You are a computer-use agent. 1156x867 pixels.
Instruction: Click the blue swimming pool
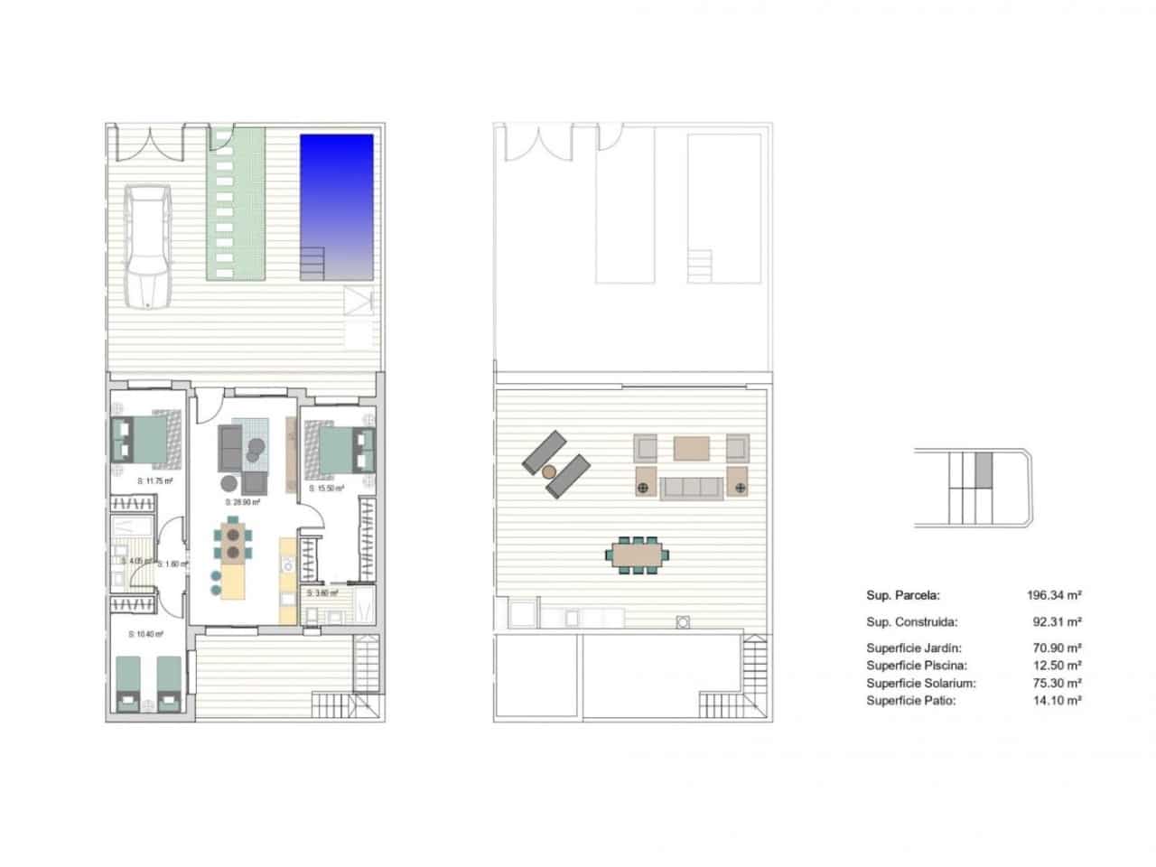(x=336, y=194)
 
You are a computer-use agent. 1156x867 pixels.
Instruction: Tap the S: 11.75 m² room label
(x=154, y=481)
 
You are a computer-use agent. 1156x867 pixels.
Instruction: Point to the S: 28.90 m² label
(x=242, y=502)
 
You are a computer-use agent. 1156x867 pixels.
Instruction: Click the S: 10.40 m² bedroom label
(x=146, y=635)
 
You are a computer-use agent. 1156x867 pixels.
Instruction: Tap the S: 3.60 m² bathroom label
(x=322, y=593)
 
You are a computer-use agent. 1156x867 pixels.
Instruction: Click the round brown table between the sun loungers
(x=549, y=471)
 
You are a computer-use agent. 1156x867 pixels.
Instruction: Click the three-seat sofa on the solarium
(x=692, y=489)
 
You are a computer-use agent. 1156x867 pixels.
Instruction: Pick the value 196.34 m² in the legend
(x=1054, y=596)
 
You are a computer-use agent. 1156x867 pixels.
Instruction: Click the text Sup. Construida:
(x=911, y=622)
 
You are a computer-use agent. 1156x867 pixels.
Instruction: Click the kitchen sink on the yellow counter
(x=288, y=565)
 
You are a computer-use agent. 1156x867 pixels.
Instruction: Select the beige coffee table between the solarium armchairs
(x=693, y=448)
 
